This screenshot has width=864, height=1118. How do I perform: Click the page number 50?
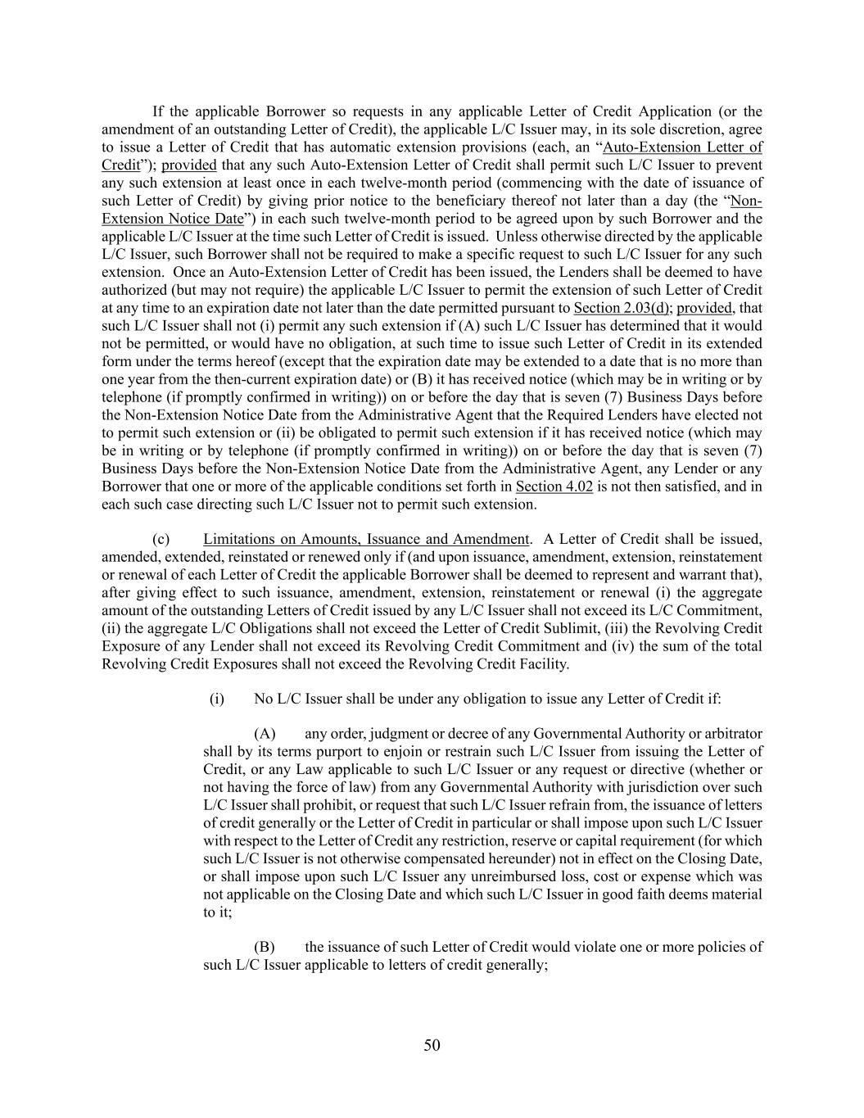432,1044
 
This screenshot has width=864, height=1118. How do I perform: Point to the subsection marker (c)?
161,539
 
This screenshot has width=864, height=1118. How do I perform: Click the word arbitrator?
731,733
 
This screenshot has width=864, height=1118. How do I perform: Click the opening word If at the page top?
159,111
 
